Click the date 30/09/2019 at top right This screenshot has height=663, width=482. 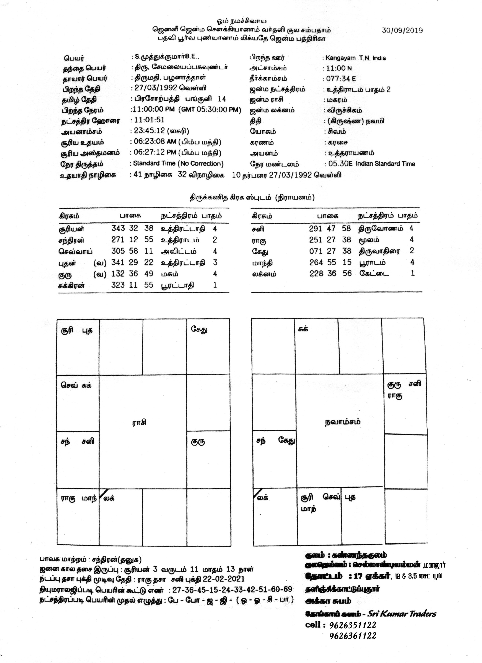coord(402,30)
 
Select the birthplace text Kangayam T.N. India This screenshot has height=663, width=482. coord(355,58)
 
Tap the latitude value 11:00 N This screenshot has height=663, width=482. coord(339,68)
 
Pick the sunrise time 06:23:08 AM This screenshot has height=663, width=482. coord(155,142)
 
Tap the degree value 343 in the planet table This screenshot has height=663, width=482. coord(118,228)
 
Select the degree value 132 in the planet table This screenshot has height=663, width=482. coord(118,274)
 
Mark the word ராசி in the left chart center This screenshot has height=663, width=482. coord(139,422)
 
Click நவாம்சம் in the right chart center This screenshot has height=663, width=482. coord(342,422)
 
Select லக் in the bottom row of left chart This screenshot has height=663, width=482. coord(109,498)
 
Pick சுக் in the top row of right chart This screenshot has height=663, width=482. coord(303,329)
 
